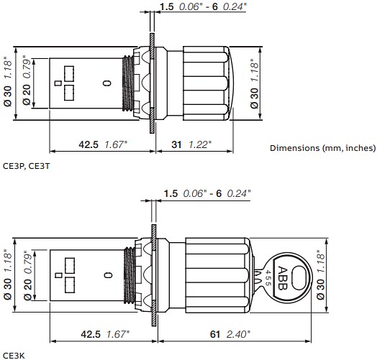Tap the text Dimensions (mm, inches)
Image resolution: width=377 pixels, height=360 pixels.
[322, 148]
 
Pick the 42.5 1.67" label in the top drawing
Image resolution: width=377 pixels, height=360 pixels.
[104, 144]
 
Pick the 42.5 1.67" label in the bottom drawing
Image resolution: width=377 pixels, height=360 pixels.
[104, 335]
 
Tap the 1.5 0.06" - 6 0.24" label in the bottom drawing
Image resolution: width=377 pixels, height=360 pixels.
[206, 194]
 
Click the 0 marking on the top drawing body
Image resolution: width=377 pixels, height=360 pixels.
[107, 84]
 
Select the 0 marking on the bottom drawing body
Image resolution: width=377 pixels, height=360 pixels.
[107, 274]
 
